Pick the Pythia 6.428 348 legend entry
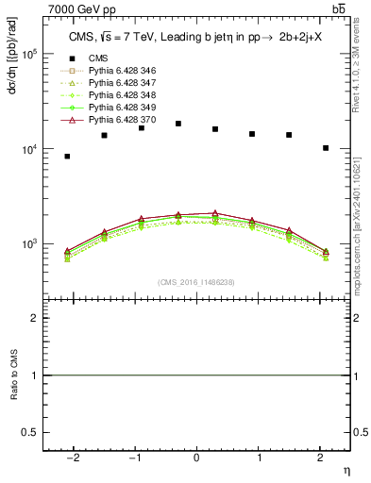pyautogui.click(x=120, y=95)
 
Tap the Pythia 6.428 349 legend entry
pyautogui.click(x=120, y=108)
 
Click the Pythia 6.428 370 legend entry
pyautogui.click(x=120, y=120)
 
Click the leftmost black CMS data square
pyautogui.click(x=67, y=156)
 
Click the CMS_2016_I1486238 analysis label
pyautogui.click(x=196, y=282)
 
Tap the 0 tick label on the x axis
pyautogui.click(x=196, y=458)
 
